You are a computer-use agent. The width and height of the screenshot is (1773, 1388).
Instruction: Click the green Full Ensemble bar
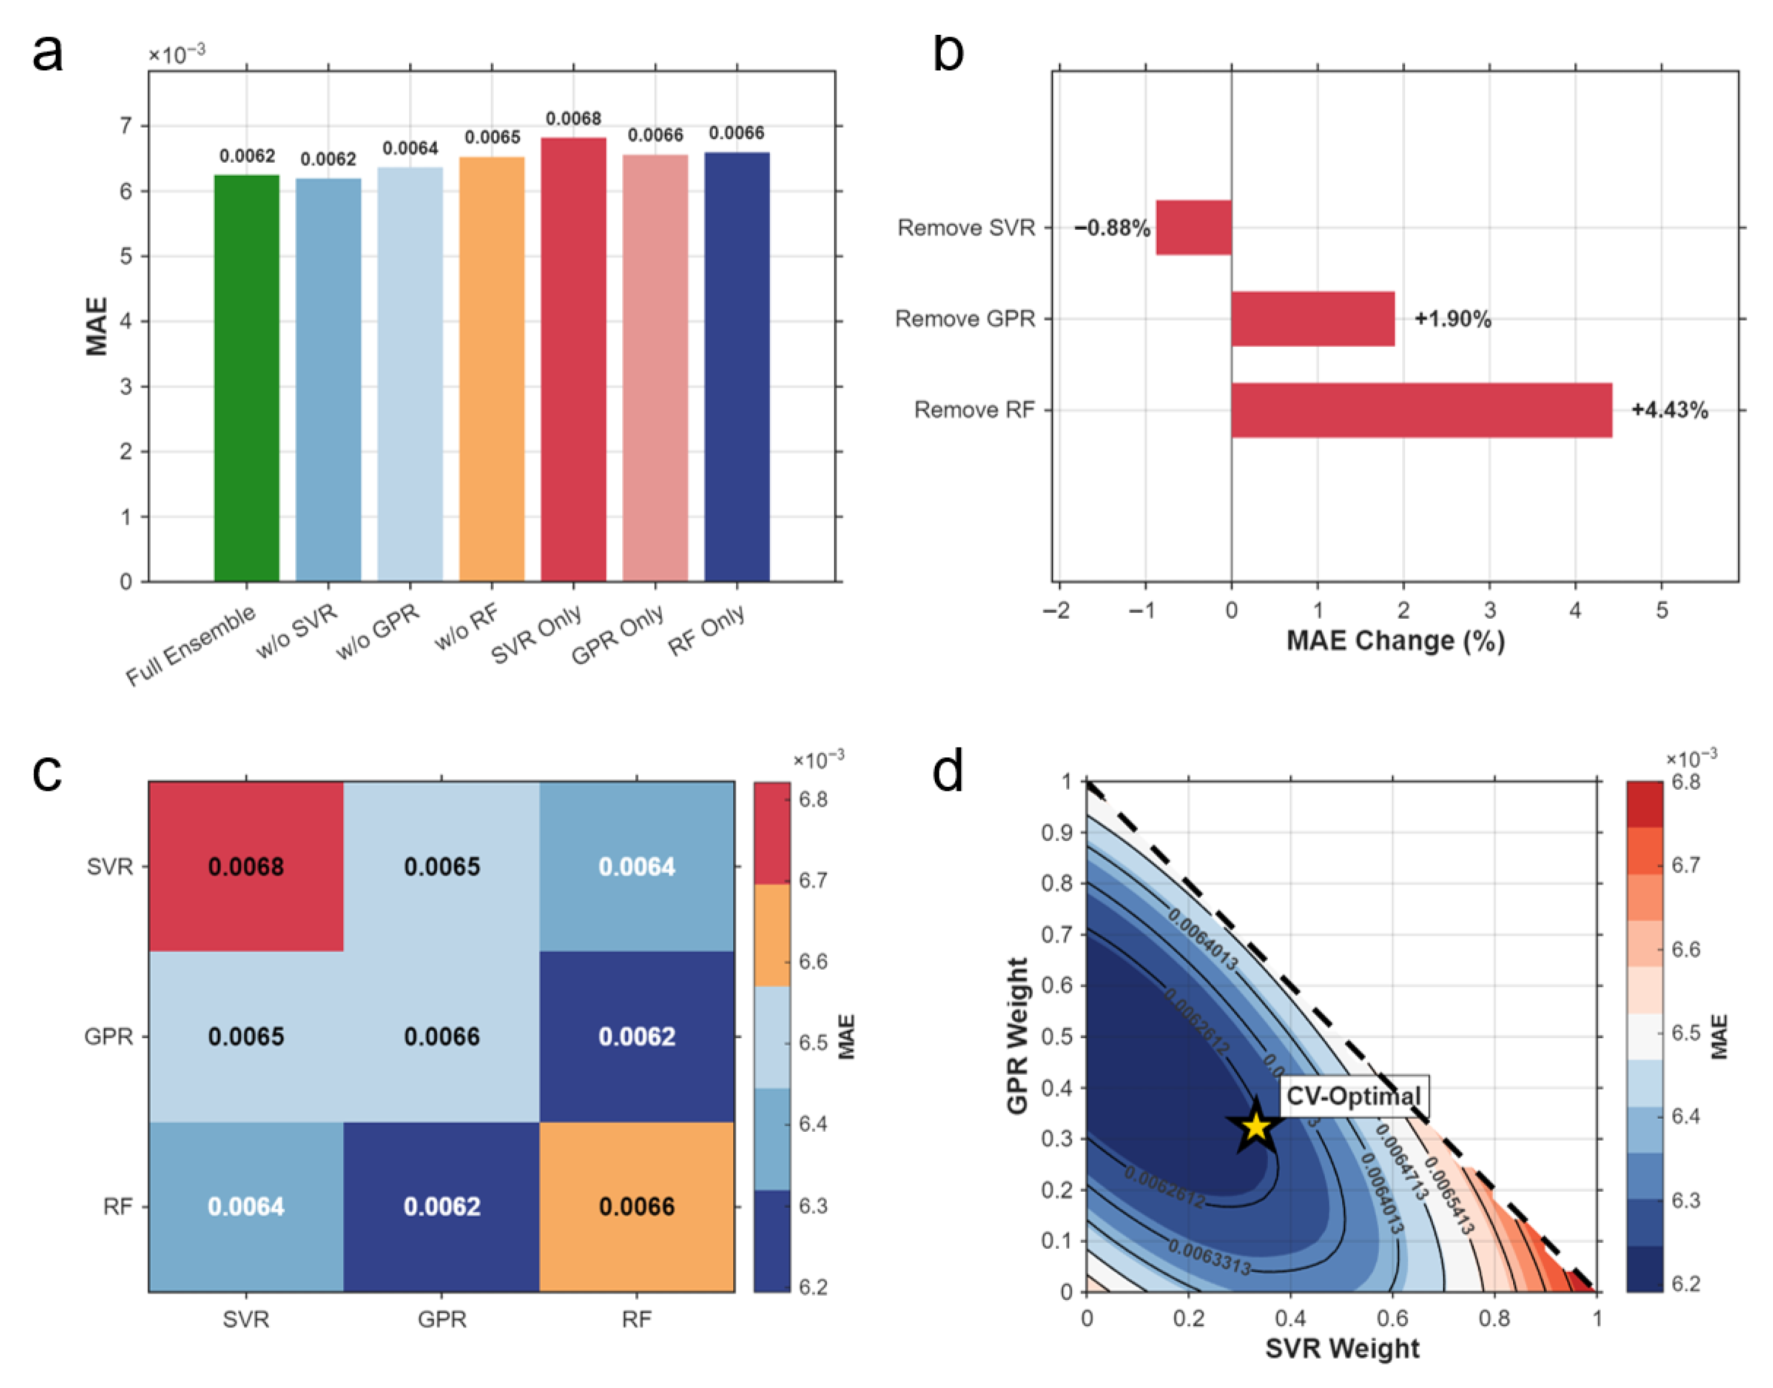246,378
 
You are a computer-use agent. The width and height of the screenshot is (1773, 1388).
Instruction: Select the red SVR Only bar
573,359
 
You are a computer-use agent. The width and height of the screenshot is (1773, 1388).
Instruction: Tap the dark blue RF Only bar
736,367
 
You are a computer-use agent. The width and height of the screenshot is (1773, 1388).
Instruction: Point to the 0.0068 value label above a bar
573,119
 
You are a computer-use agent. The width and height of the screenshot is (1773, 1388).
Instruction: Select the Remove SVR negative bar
1193,227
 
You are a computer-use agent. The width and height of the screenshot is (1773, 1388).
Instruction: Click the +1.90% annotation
1452,319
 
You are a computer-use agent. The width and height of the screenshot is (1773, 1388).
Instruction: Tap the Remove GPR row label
965,319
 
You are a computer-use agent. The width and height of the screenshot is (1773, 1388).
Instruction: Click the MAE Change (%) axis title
1395,640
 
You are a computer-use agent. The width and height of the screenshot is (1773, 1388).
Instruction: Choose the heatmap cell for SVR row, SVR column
245,867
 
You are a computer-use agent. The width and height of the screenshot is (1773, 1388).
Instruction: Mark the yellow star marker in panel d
1256,1126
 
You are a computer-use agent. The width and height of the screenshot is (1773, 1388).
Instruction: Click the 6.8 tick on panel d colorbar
1685,782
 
